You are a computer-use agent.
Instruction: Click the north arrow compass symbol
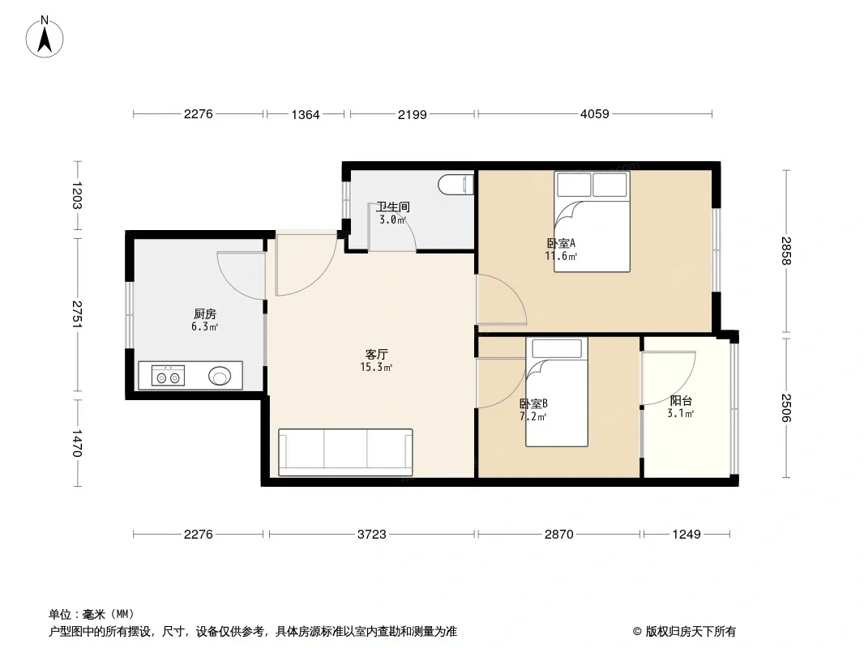click(45, 37)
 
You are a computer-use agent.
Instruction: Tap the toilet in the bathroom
click(456, 185)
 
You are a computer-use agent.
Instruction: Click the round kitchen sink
click(220, 376)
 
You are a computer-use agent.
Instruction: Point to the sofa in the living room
click(345, 452)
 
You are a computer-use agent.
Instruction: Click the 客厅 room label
click(376, 354)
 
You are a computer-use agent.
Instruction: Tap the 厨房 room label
click(205, 313)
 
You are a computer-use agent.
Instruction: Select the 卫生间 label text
click(393, 207)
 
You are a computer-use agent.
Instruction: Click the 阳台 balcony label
click(681, 401)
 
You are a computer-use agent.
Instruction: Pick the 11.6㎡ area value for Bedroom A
click(561, 256)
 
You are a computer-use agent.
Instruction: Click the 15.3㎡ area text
click(376, 367)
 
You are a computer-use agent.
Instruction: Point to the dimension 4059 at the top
click(595, 114)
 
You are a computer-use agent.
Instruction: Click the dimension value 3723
click(372, 534)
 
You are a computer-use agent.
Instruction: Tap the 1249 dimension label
click(686, 534)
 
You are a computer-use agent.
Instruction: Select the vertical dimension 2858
click(786, 251)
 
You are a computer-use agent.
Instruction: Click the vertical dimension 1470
click(77, 443)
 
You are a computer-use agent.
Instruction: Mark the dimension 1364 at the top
click(306, 114)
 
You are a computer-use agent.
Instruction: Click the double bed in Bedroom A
click(592, 221)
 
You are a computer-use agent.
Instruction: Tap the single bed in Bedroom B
click(557, 391)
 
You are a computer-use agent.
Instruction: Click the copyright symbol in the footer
click(637, 632)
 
